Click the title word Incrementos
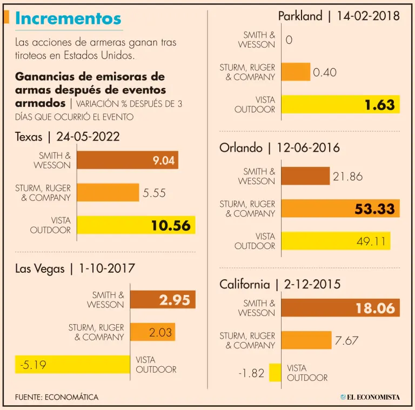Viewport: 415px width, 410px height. [x=68, y=18]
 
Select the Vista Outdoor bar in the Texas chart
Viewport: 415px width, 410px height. [x=136, y=225]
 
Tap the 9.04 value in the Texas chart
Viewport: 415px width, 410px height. [x=163, y=160]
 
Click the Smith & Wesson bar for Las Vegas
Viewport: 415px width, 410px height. [x=162, y=300]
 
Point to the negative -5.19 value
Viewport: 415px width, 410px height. [x=33, y=365]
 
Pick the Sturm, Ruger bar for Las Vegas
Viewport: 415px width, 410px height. [x=152, y=332]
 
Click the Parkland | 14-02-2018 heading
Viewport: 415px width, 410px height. [x=339, y=16]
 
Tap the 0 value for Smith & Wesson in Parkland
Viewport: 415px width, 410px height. [x=289, y=40]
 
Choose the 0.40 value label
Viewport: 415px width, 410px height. [x=325, y=72]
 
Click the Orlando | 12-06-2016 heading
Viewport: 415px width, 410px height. [x=279, y=147]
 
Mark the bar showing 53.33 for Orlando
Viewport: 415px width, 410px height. [x=340, y=209]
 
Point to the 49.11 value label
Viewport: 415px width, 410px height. [x=371, y=241]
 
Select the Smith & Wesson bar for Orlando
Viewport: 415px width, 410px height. [x=305, y=176]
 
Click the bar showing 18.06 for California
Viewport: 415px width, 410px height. [x=340, y=308]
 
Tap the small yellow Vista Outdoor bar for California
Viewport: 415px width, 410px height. [x=275, y=373]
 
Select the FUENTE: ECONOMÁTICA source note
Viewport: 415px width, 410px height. [x=57, y=397]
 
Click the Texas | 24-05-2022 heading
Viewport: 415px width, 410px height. [x=67, y=137]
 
